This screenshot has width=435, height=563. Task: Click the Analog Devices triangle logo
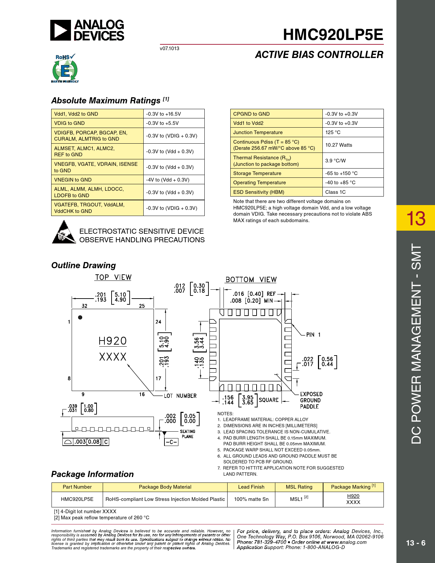(61, 30)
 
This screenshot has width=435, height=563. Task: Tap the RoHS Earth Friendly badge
(65, 69)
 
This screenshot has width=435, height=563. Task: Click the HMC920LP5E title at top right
(333, 34)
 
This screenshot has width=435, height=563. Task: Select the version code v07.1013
(169, 48)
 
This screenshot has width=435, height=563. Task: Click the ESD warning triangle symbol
(64, 232)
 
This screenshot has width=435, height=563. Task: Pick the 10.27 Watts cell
(338, 145)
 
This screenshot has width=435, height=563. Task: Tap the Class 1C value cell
(335, 192)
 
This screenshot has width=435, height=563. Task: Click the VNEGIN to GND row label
(73, 180)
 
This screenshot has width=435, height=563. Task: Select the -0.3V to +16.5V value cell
(163, 114)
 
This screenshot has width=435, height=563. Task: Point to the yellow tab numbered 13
(416, 218)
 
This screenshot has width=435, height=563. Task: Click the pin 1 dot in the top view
(80, 317)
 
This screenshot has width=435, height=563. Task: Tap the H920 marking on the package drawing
(113, 341)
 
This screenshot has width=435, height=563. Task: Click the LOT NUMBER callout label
(180, 396)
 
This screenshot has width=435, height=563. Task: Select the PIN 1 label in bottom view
(313, 335)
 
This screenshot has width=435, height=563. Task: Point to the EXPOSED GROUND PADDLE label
(311, 400)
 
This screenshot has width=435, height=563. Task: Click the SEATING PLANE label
(187, 434)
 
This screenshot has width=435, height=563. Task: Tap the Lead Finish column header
(251, 487)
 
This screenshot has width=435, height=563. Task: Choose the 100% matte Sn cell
(251, 499)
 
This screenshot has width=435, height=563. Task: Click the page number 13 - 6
(416, 543)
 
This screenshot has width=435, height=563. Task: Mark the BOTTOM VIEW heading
(251, 280)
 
